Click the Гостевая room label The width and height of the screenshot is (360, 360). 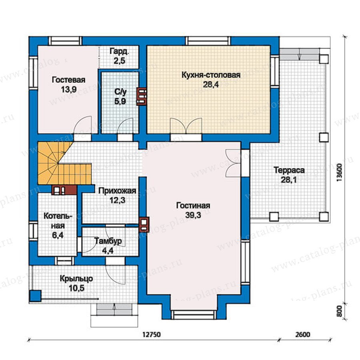(x=68, y=80)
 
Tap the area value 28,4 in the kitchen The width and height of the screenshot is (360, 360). (x=211, y=84)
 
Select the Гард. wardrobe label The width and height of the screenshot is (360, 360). (x=119, y=51)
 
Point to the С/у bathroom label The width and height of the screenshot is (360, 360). (x=120, y=92)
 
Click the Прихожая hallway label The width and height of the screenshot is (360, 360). (x=117, y=191)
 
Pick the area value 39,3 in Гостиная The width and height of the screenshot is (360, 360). (x=193, y=215)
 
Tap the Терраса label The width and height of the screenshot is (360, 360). (x=289, y=170)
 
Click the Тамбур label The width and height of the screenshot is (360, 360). (x=108, y=241)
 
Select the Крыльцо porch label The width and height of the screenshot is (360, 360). (x=76, y=278)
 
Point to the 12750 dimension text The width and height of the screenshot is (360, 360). (x=152, y=334)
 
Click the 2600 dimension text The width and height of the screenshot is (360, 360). (x=303, y=334)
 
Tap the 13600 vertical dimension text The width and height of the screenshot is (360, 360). (x=339, y=172)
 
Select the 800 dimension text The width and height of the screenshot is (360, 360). (x=340, y=311)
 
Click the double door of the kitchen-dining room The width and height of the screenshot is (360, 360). (x=186, y=126)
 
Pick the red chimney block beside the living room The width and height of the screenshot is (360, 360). (x=144, y=225)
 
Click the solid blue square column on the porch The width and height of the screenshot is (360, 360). (x=35, y=296)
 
